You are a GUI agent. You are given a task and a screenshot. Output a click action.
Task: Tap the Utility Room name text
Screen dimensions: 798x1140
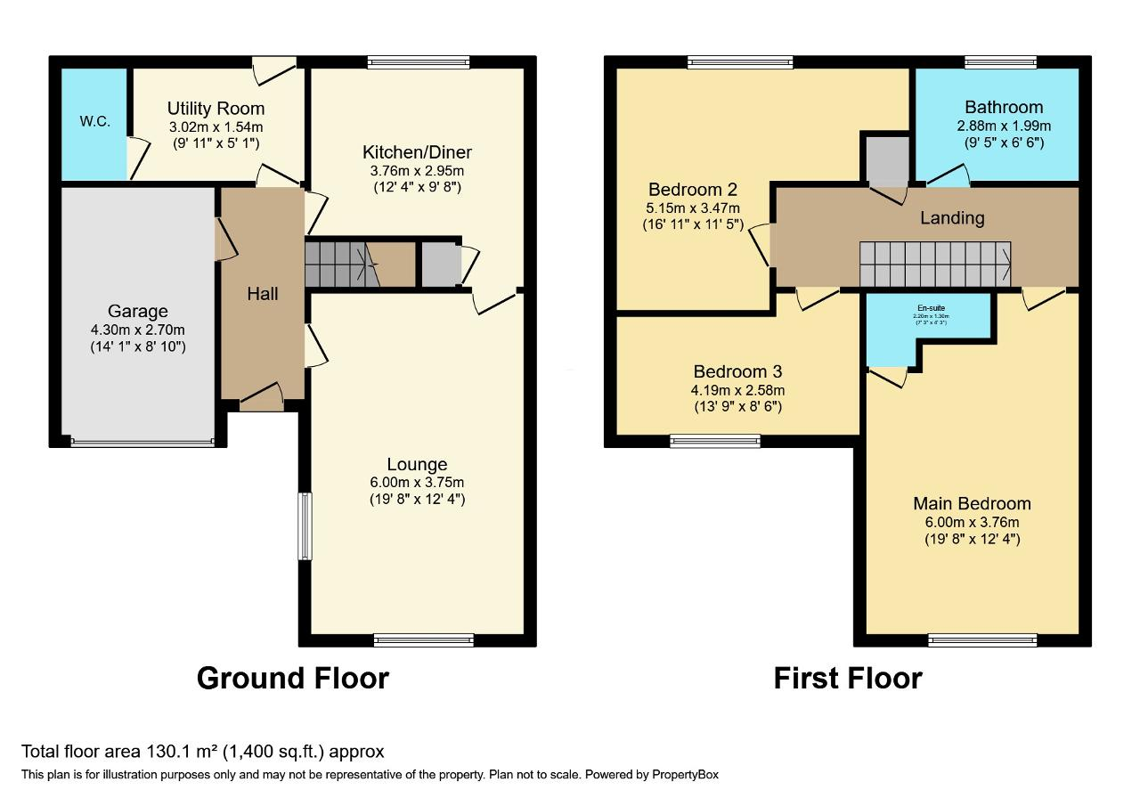(x=216, y=109)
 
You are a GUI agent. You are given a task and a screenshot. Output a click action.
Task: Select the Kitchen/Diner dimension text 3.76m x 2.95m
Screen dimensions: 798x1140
(x=417, y=171)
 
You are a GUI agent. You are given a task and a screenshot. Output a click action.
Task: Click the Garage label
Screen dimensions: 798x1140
(x=137, y=312)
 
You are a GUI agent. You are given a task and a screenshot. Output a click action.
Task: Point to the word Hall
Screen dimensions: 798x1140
(x=263, y=294)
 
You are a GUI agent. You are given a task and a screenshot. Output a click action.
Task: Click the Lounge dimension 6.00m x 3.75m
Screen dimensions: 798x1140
(x=417, y=483)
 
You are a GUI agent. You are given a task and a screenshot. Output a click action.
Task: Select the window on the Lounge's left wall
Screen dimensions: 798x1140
(x=305, y=525)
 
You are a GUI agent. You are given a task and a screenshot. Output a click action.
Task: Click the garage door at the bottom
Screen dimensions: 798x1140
(x=142, y=441)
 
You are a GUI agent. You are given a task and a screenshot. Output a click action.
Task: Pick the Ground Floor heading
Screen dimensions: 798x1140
(x=292, y=679)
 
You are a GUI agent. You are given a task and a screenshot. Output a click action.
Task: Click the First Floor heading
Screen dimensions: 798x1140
(x=847, y=679)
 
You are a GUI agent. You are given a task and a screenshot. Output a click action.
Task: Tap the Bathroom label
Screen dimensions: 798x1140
(x=1003, y=108)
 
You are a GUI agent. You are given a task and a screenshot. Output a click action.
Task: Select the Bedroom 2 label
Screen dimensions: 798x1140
(x=692, y=190)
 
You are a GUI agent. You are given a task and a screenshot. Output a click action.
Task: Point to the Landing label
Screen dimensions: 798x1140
(x=952, y=218)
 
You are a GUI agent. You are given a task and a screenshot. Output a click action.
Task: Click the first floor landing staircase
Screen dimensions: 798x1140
(x=935, y=265)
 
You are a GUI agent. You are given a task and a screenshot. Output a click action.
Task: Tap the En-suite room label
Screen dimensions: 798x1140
(x=930, y=307)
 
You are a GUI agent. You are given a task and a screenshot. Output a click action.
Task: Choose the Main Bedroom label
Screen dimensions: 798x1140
(x=972, y=504)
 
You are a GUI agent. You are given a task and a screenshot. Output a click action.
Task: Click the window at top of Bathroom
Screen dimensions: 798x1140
(x=1000, y=62)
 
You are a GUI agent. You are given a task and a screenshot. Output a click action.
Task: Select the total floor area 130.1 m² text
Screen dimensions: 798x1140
(x=203, y=752)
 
